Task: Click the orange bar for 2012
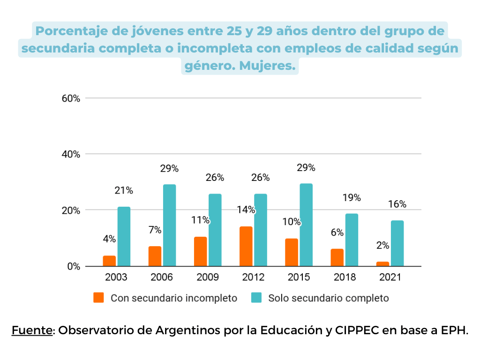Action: tap(246, 247)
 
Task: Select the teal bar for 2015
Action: tap(306, 225)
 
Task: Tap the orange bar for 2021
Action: tap(382, 264)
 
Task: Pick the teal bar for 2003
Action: tap(124, 237)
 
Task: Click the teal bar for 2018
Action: tap(352, 240)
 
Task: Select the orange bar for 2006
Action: tap(155, 256)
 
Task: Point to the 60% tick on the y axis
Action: tap(71, 98)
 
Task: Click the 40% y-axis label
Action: tap(71, 154)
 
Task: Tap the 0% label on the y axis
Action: tap(73, 266)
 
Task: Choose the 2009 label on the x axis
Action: tap(207, 277)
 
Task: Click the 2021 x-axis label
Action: tap(390, 277)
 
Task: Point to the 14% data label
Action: tap(246, 210)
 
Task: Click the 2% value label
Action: tap(382, 245)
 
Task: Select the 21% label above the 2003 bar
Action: tap(124, 190)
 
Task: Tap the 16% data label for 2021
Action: tap(397, 204)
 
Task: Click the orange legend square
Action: tap(98, 298)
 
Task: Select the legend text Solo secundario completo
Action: tap(328, 298)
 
